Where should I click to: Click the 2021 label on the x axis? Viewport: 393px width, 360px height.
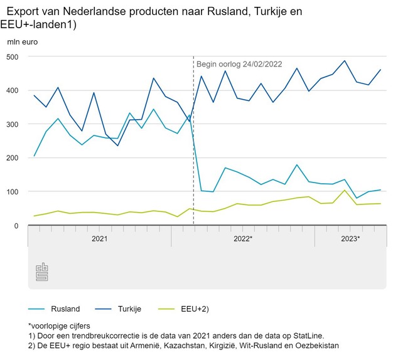(x=99, y=239)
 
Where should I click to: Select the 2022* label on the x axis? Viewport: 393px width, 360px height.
(x=243, y=239)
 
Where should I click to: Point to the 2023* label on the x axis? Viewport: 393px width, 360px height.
(x=350, y=239)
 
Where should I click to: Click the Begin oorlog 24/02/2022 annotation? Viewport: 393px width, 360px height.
(x=239, y=64)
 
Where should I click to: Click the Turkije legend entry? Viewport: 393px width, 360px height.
(x=129, y=309)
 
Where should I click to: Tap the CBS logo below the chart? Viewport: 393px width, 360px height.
(x=42, y=271)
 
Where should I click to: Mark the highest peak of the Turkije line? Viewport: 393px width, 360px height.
(x=344, y=61)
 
